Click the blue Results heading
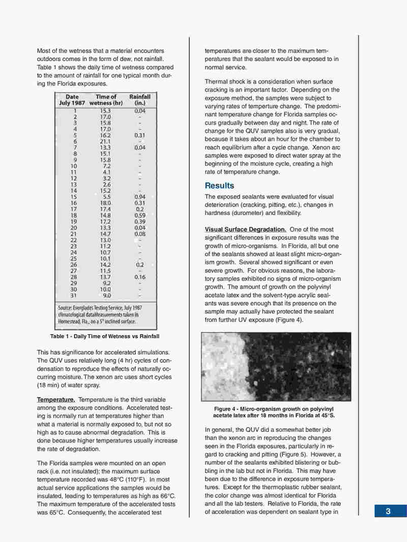pyautogui.click(x=219, y=185)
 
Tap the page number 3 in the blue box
pyautogui.click(x=388, y=511)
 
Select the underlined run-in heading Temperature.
pyautogui.click(x=56, y=400)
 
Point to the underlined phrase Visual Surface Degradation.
pyautogui.click(x=245, y=229)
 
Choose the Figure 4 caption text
pyautogui.click(x=276, y=412)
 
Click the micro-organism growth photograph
pyautogui.click(x=276, y=366)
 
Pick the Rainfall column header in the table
pyautogui.click(x=140, y=99)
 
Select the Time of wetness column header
pyautogui.click(x=106, y=99)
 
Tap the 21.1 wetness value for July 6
pyautogui.click(x=106, y=141)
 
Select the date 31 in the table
pyautogui.click(x=73, y=295)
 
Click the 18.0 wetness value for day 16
pyautogui.click(x=106, y=203)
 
